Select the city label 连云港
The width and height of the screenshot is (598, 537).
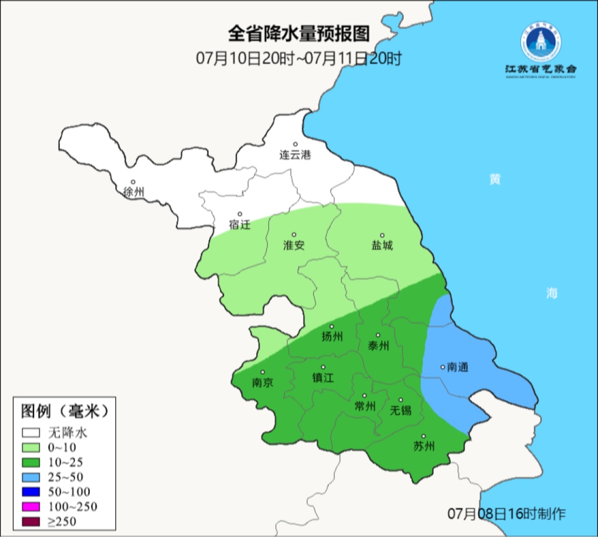(295, 155)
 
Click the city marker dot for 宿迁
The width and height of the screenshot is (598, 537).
(240, 214)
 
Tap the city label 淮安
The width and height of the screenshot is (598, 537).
(294, 246)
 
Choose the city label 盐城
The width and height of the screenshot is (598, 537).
(382, 246)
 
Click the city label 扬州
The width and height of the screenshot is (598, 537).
(332, 336)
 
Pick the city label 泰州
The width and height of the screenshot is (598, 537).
(378, 346)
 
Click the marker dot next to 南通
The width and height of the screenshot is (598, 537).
(442, 366)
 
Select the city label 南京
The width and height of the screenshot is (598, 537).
(262, 383)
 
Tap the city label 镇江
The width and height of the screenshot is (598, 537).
(323, 377)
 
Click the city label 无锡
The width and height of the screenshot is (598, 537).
(400, 410)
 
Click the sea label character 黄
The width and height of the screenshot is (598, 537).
(494, 180)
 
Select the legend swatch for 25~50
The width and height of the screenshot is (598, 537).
(32, 477)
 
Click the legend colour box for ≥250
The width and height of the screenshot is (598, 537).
(32, 521)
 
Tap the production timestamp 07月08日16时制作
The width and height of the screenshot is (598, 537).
(507, 513)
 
